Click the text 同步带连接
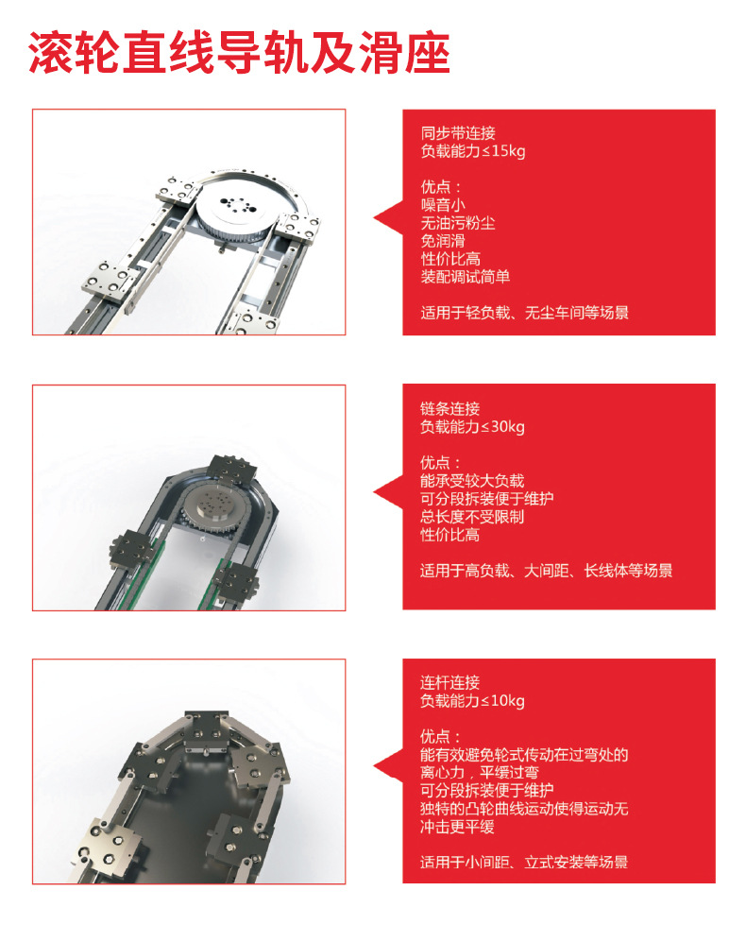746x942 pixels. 458,133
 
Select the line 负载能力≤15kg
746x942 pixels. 472,151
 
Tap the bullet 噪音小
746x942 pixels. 443,205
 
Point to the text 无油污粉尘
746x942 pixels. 458,223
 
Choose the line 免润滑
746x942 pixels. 443,241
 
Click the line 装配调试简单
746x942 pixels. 466,277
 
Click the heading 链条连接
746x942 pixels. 450,409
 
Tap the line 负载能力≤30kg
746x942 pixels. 472,427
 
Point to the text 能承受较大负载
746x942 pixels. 472,481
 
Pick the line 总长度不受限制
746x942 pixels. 472,517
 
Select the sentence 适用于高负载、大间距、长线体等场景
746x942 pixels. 546,571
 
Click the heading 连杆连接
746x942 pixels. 450,682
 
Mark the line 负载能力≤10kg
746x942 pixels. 472,701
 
